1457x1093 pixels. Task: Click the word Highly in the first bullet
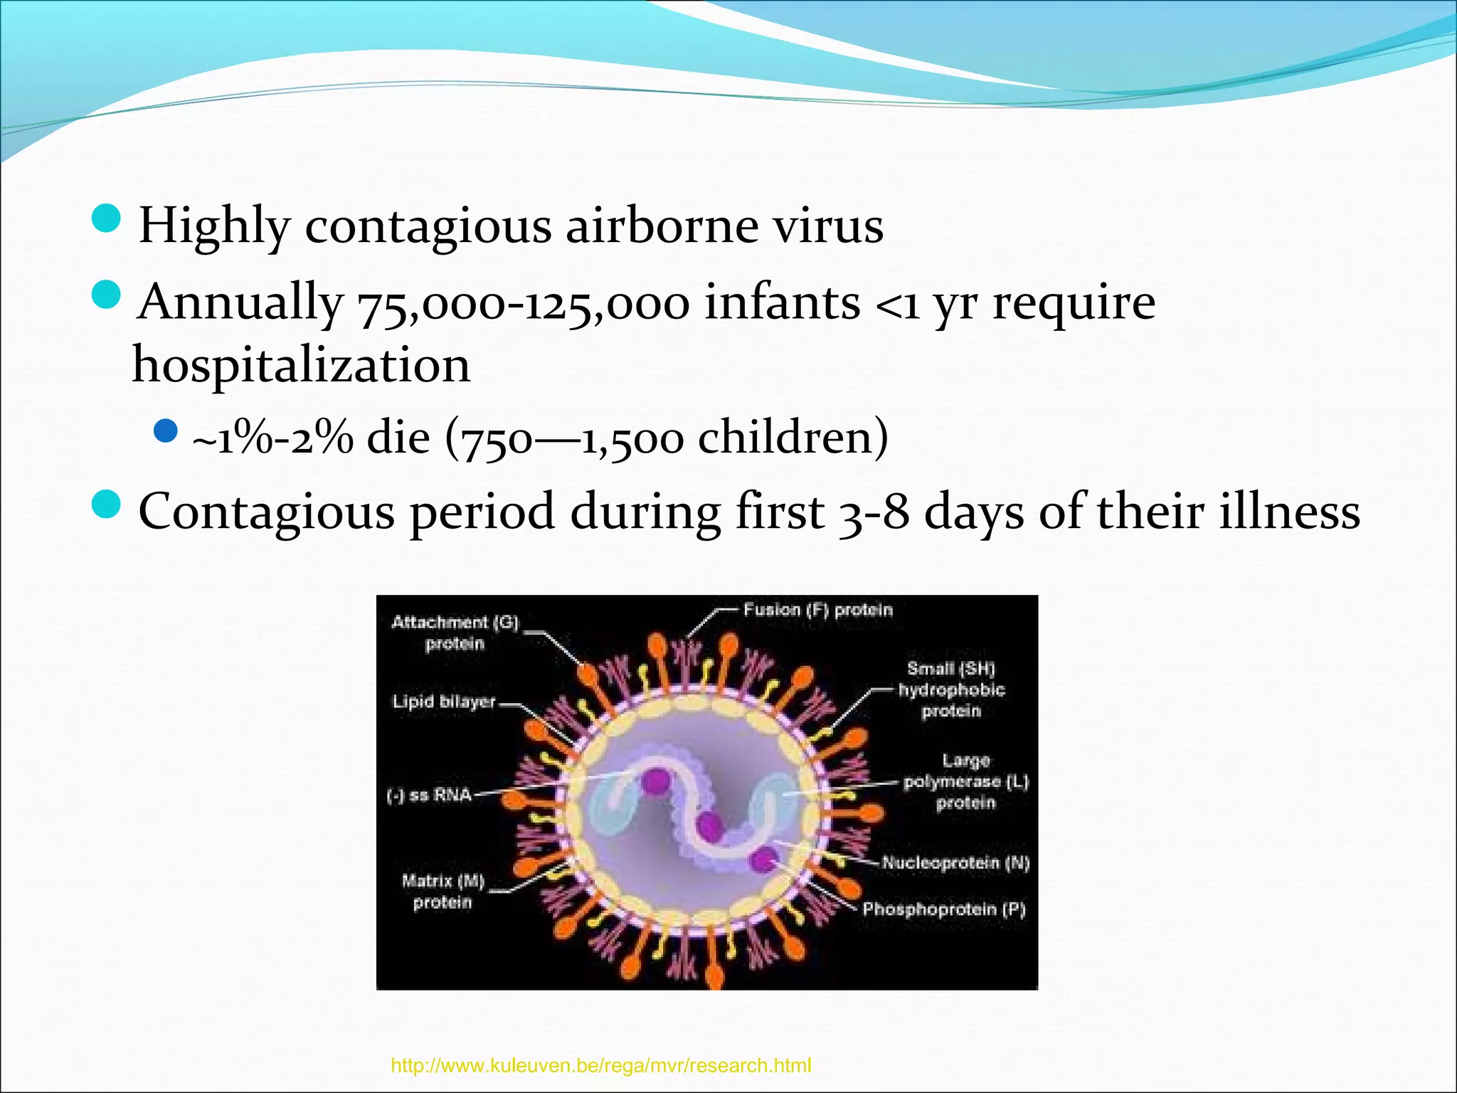[213, 226]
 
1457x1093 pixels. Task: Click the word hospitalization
[301, 365]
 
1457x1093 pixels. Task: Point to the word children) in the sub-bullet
[793, 437]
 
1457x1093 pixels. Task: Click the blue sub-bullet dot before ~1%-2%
[165, 431]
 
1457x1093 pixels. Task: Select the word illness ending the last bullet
[1289, 512]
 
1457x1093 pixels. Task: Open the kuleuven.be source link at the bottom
[600, 1066]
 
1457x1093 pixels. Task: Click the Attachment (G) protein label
[455, 633]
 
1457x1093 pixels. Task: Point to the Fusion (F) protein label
[817, 610]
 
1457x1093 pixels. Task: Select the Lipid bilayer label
[444, 702]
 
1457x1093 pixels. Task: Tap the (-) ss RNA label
[429, 795]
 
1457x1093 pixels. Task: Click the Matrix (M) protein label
[443, 892]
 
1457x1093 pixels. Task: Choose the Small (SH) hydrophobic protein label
[951, 690]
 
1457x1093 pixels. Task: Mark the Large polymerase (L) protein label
[965, 782]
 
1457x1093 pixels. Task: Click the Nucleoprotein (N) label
[955, 863]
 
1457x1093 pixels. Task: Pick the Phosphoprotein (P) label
[944, 909]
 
